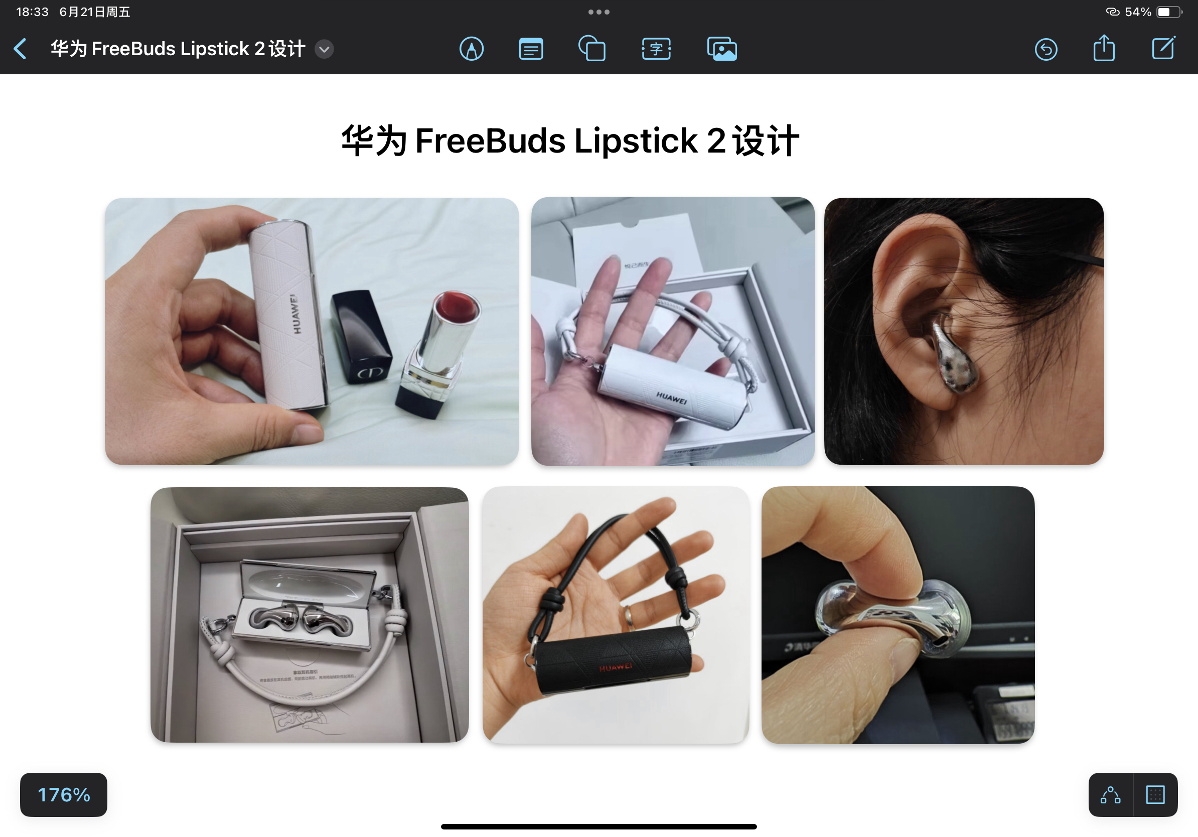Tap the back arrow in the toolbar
pos(21,49)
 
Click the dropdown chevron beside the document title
pos(324,49)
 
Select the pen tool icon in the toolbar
pos(471,49)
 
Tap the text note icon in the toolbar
pos(531,49)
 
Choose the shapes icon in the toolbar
pos(592,49)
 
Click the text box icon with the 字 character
pos(656,49)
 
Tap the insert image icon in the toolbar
pos(721,49)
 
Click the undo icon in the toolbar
pos(1045,49)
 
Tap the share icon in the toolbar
pos(1104,49)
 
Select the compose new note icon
pos(1163,49)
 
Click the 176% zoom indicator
pos(64,794)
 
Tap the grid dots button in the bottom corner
pos(1155,794)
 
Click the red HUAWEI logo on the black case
pos(615,667)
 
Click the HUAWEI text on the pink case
pos(296,314)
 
